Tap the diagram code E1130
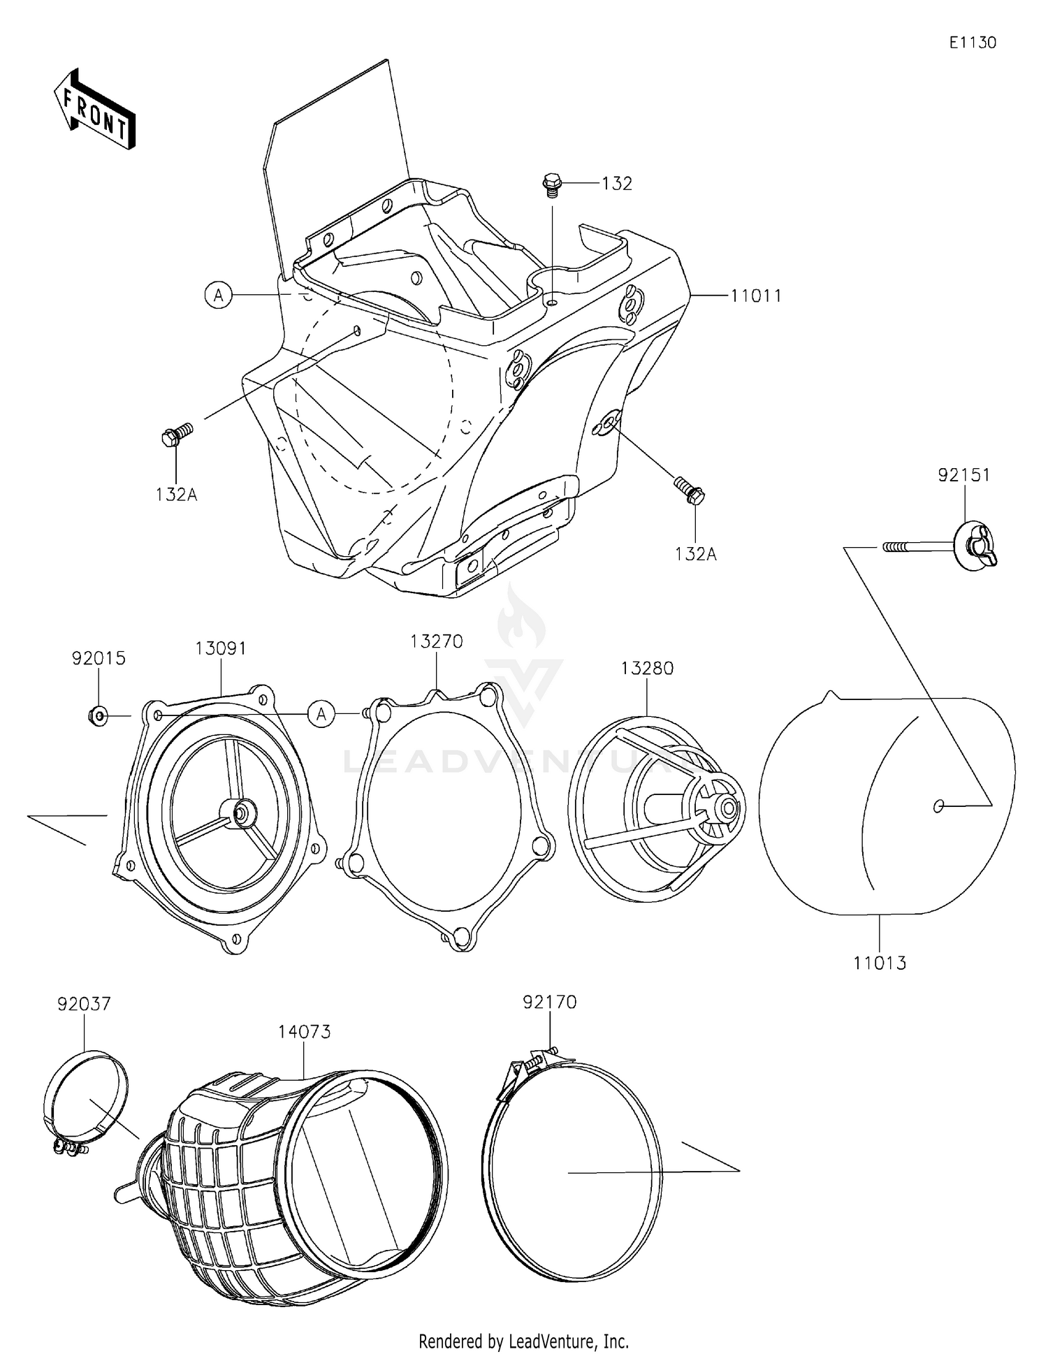972,43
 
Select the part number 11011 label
756,296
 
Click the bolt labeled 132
551,184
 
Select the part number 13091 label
220,648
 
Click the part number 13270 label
437,641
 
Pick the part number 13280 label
647,669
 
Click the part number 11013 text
880,963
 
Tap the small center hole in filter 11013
938,806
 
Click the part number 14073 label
304,1031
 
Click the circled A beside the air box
219,296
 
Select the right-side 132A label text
695,554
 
